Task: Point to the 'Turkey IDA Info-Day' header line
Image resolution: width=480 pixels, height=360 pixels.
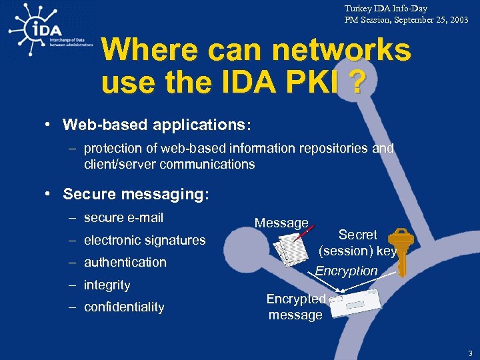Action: point(386,9)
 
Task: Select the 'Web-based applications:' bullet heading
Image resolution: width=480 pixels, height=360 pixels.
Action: point(157,125)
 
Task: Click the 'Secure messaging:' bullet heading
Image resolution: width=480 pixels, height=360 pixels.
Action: point(136,194)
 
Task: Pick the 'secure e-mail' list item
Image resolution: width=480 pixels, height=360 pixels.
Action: point(123,217)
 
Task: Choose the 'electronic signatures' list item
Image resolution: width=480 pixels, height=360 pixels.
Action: point(144,240)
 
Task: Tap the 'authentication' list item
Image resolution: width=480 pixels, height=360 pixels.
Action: point(125,262)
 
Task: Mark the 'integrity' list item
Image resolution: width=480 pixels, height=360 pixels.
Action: point(107,285)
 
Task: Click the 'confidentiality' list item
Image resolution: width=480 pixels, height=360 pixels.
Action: point(123,307)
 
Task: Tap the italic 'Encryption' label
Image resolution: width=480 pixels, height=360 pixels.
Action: point(346,271)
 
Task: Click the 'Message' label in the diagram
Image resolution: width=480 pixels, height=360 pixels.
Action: point(281,223)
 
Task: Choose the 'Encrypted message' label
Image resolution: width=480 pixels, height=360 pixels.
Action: point(295,307)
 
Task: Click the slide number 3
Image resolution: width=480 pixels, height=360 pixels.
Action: point(469,353)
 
